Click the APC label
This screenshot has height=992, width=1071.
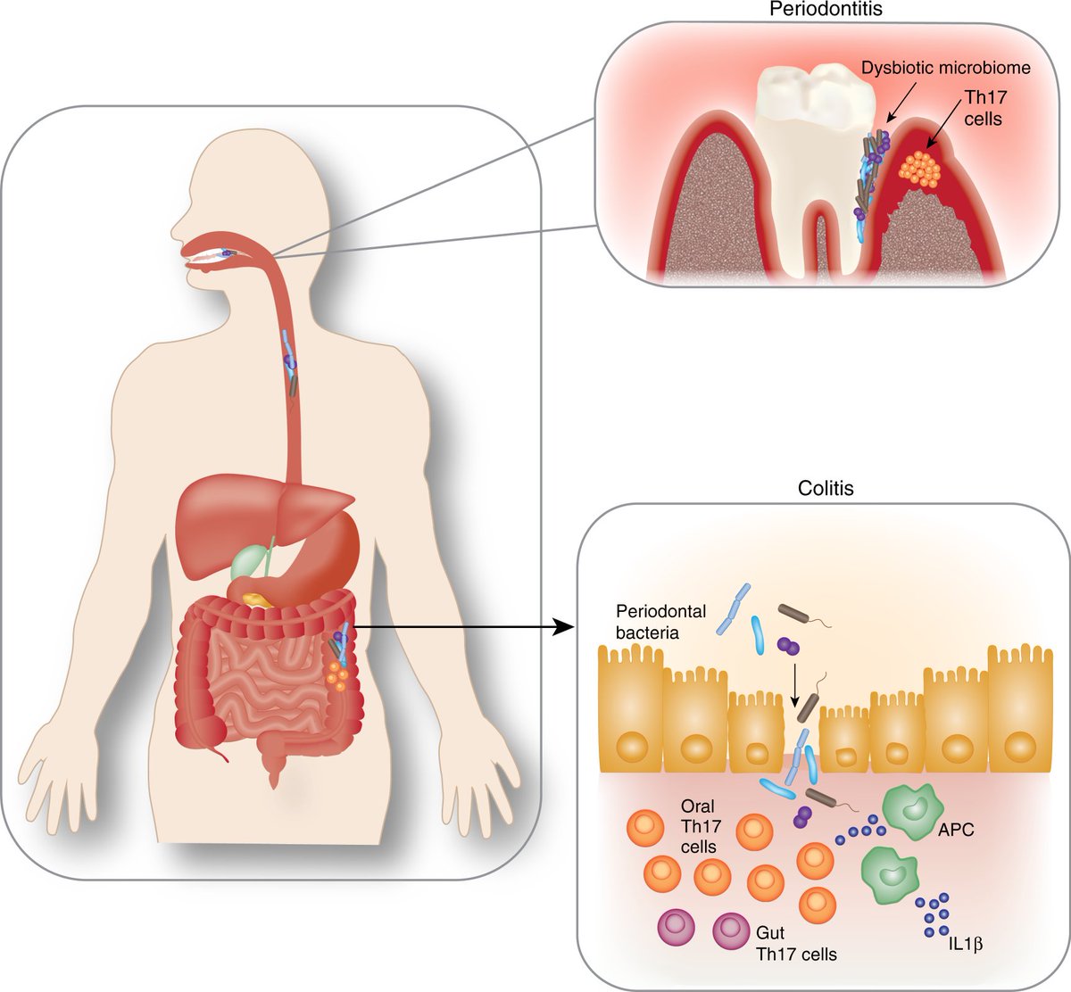tap(956, 830)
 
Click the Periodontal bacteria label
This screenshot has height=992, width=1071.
tap(660, 622)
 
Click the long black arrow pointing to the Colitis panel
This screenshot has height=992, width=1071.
tap(464, 627)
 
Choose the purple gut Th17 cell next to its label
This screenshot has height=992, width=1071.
tap(732, 932)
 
